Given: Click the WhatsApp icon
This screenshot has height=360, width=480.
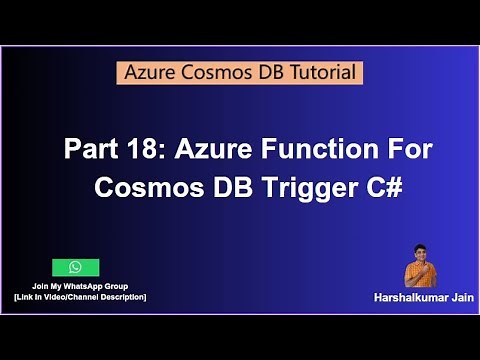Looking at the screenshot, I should point(75,267).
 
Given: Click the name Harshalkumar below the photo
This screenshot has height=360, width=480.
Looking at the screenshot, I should point(395,297).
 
